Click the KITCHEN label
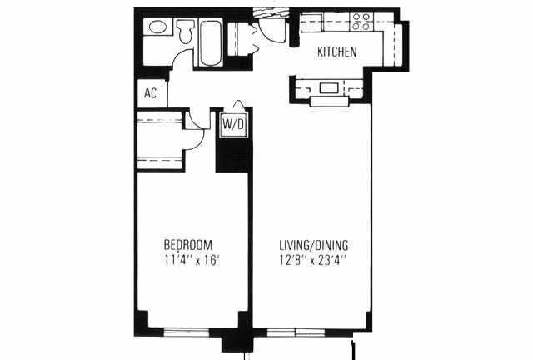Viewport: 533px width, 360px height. (336, 52)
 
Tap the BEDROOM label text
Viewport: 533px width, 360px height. (187, 245)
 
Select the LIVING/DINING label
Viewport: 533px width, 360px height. (313, 245)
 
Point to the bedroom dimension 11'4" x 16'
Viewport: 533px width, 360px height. (191, 260)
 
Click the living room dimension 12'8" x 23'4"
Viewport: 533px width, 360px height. (313, 260)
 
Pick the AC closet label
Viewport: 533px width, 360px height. (150, 92)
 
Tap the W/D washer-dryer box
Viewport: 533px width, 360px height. (233, 124)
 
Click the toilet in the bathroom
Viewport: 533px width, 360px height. (185, 31)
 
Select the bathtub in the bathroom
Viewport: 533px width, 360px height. (211, 42)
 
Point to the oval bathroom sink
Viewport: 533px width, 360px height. (157, 27)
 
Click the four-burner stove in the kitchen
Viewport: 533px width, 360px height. (361, 22)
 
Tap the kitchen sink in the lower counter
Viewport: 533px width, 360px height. (329, 88)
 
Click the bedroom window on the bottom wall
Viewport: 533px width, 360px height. (187, 332)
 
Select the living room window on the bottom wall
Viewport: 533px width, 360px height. (296, 332)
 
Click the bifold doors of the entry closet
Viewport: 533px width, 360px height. (253, 39)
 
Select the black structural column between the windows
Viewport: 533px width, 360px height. (237, 340)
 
